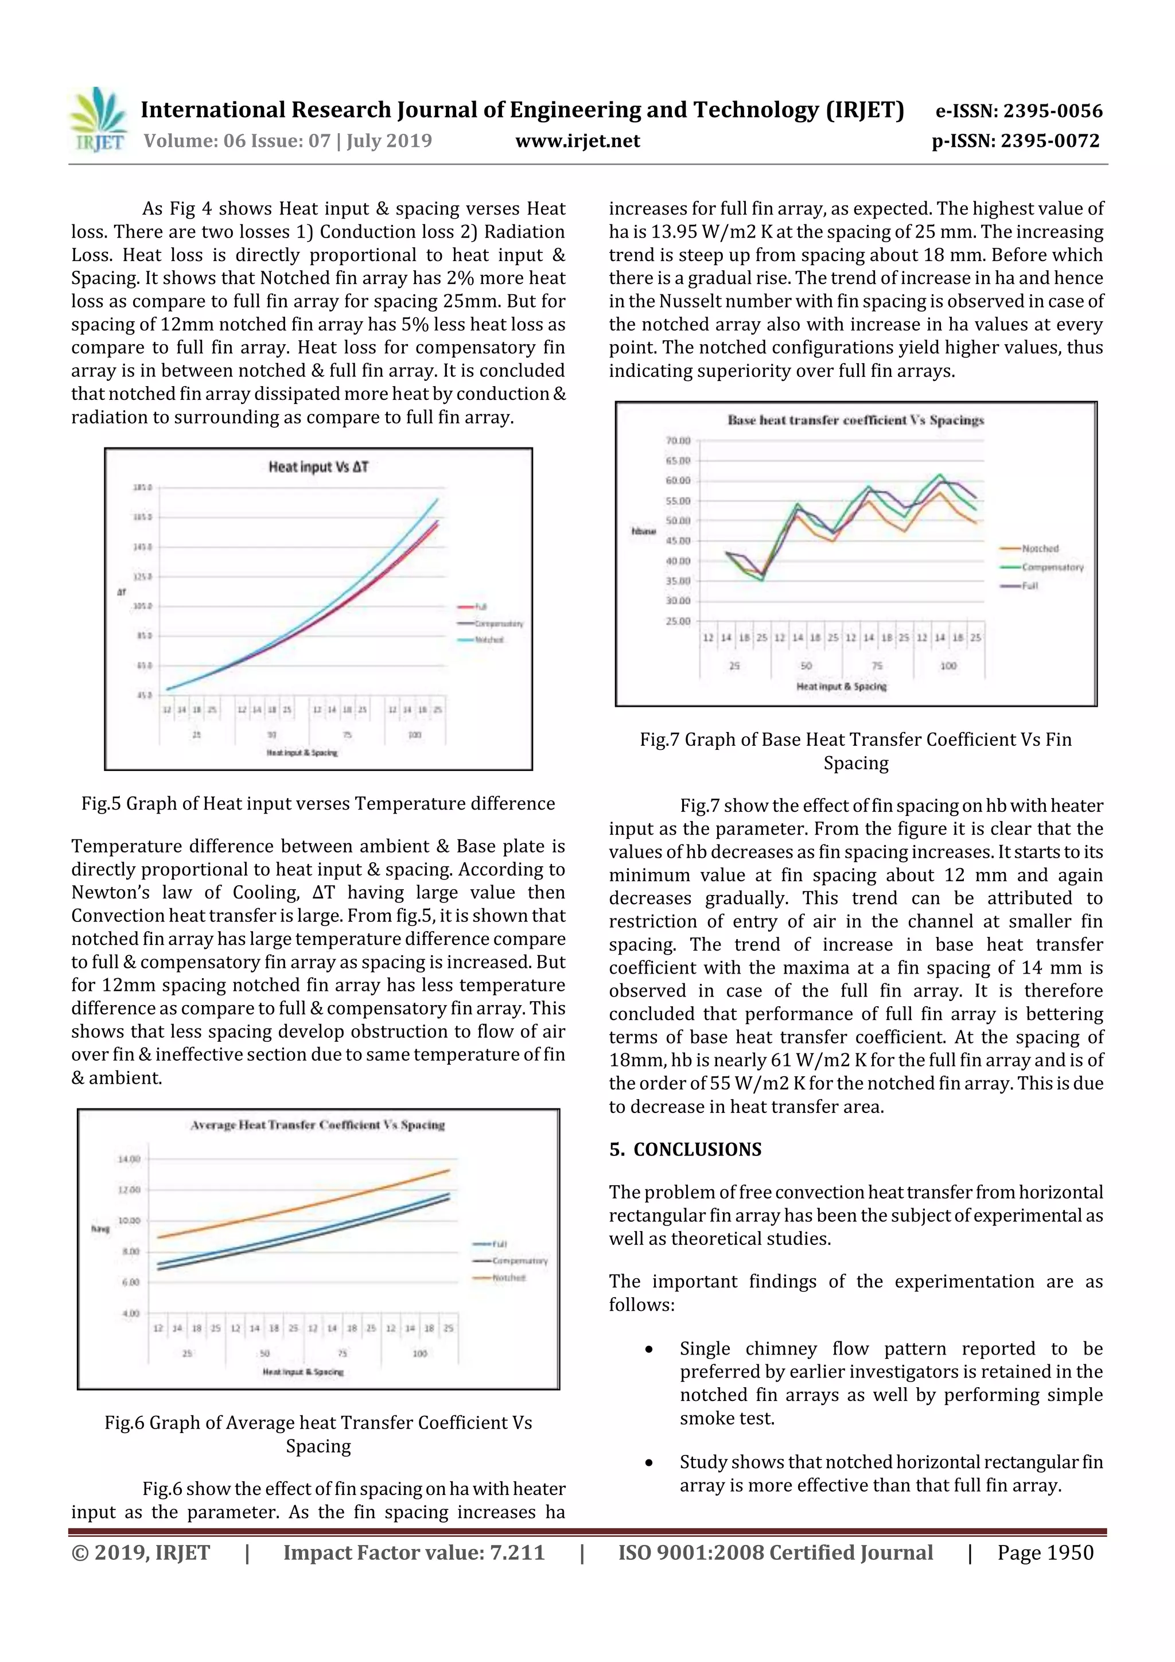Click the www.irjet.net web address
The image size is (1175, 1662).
click(x=577, y=141)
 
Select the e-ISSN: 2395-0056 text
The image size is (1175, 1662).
click(x=1018, y=111)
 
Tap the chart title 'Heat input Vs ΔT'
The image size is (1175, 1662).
click(x=318, y=467)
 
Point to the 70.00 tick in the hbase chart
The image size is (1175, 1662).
click(x=678, y=440)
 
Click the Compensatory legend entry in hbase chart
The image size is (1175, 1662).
click(x=1052, y=567)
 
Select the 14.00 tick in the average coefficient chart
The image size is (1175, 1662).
click(x=129, y=1159)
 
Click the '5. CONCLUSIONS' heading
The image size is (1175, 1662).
click(x=685, y=1150)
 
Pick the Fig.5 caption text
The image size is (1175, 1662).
click(x=318, y=804)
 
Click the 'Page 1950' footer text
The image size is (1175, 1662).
click(x=1045, y=1552)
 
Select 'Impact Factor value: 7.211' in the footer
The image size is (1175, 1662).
click(x=414, y=1552)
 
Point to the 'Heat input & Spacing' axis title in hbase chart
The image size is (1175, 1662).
click(x=841, y=686)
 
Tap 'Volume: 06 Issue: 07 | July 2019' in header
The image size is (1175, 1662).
click(x=287, y=141)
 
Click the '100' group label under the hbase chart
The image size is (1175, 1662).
click(x=948, y=665)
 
